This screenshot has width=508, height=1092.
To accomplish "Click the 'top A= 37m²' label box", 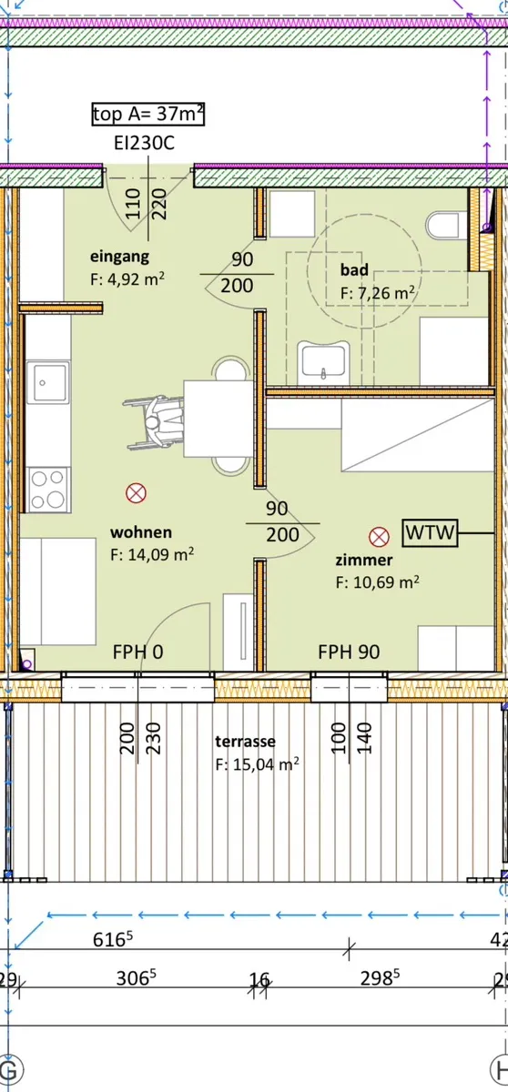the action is [x=148, y=114].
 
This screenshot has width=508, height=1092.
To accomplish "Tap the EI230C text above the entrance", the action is [x=145, y=144].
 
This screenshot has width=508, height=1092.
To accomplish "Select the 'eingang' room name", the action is [x=119, y=257].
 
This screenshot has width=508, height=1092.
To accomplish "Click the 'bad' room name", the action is [x=354, y=269].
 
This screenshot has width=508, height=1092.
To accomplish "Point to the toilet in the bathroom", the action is [x=443, y=226].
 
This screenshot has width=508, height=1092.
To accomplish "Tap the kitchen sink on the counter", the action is [x=47, y=383].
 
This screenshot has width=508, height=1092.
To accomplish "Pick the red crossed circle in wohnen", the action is [x=136, y=493].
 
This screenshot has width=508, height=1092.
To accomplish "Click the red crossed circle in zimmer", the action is [x=379, y=537].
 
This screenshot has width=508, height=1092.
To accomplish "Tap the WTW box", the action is [x=431, y=532].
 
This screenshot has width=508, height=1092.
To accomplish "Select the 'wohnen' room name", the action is [x=141, y=531].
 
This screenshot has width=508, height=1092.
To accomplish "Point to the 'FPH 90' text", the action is [x=349, y=652].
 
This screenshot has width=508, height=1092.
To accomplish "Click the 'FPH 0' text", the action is [x=138, y=652].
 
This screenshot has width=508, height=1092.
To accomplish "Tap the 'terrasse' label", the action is [x=245, y=741].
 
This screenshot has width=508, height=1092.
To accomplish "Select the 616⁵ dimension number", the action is [x=113, y=938].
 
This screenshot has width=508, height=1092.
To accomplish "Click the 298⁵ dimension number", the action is [x=380, y=977].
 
